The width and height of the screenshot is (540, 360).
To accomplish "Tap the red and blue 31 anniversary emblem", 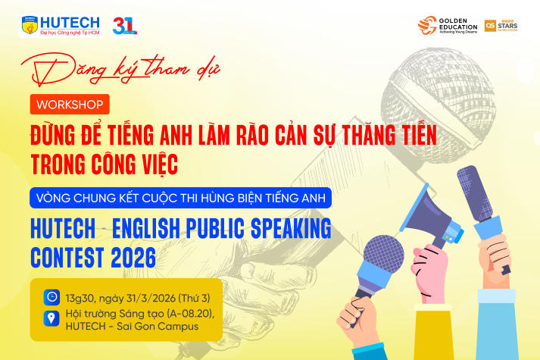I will (124, 25).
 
